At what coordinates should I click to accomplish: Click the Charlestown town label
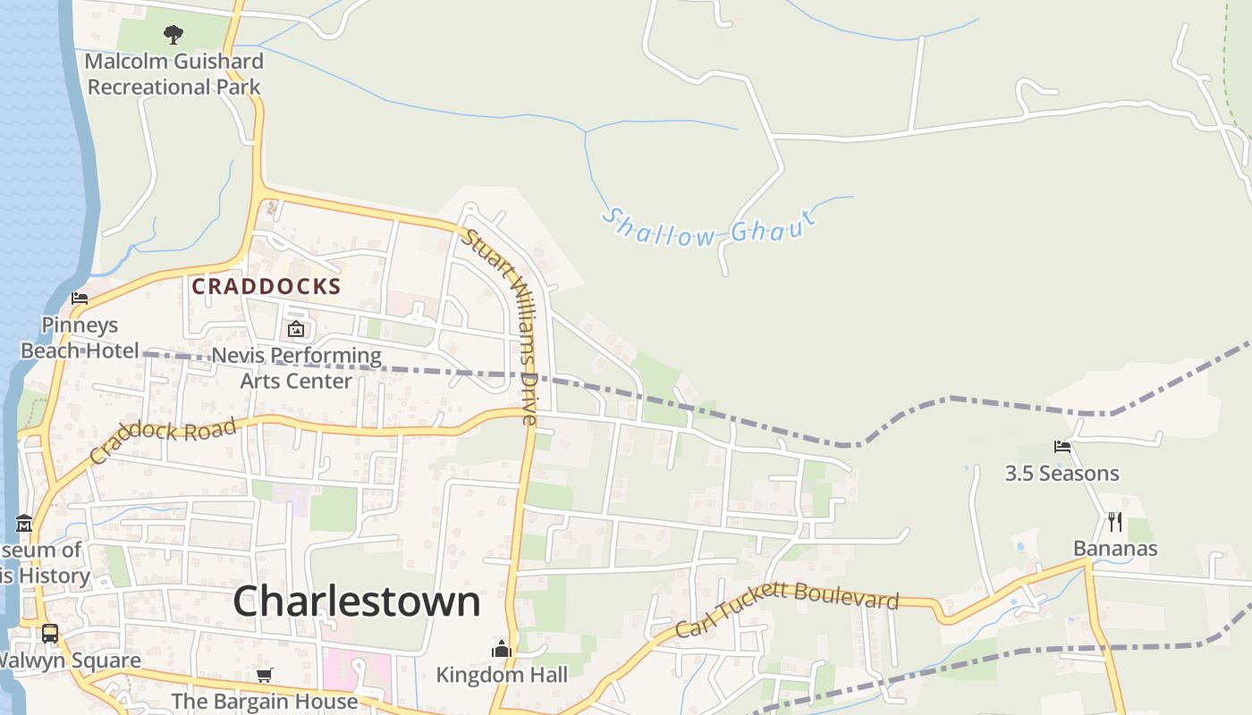pyautogui.click(x=357, y=601)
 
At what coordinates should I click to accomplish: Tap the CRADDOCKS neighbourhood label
pyautogui.click(x=266, y=286)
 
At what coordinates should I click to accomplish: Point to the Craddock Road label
pyautogui.click(x=165, y=440)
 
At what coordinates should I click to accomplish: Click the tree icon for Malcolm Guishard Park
pyautogui.click(x=173, y=35)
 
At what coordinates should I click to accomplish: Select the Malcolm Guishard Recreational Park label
pyautogui.click(x=174, y=74)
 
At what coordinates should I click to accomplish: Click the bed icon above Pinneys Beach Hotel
pyautogui.click(x=80, y=299)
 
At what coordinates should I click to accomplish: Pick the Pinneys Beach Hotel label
pyautogui.click(x=80, y=338)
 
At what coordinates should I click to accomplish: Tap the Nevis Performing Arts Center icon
pyautogui.click(x=296, y=330)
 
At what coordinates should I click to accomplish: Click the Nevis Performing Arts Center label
pyautogui.click(x=296, y=368)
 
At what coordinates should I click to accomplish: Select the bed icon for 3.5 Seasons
pyautogui.click(x=1062, y=446)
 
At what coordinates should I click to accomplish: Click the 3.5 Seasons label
pyautogui.click(x=1062, y=474)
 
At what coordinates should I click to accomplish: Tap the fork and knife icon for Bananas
pyautogui.click(x=1115, y=522)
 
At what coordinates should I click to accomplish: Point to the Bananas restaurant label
pyautogui.click(x=1115, y=549)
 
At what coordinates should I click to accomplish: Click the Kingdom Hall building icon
pyautogui.click(x=502, y=648)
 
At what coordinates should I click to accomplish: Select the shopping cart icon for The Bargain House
pyautogui.click(x=264, y=675)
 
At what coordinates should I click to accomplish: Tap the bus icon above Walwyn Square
pyautogui.click(x=50, y=634)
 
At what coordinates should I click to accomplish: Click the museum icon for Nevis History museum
pyautogui.click(x=24, y=523)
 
